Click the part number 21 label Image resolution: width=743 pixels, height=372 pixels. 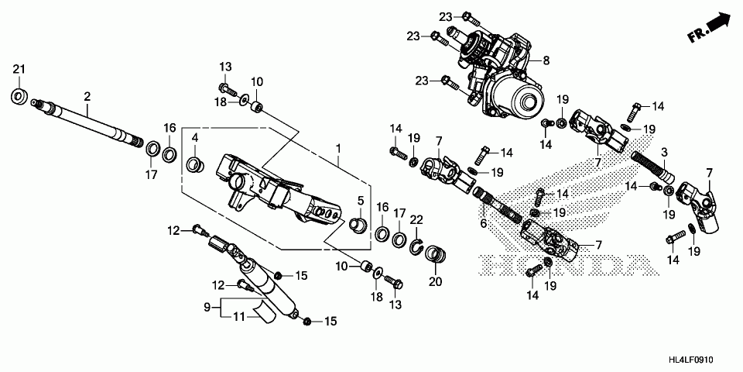click(19, 71)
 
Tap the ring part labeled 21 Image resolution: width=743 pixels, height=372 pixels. click(19, 96)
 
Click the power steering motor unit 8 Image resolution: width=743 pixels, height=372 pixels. click(503, 77)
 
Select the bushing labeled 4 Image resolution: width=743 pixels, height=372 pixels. click(196, 164)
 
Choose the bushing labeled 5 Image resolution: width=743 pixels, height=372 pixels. click(359, 226)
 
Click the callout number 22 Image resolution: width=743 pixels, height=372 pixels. click(416, 221)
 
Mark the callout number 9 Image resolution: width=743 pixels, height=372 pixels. click(207, 308)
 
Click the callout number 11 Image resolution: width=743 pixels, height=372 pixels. click(239, 316)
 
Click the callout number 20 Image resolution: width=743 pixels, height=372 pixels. click(435, 281)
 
